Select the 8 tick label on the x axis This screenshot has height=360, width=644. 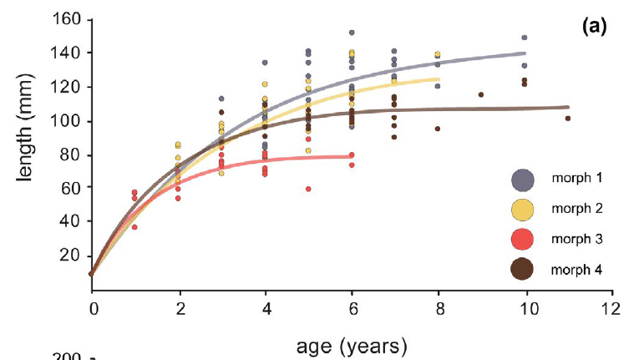(439, 308)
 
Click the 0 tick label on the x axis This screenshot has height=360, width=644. (91, 308)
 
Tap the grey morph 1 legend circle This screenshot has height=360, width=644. (523, 180)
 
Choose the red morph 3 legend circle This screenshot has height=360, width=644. (523, 240)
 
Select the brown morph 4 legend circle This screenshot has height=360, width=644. (523, 269)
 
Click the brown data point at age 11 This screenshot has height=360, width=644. (568, 119)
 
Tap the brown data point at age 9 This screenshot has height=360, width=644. (481, 94)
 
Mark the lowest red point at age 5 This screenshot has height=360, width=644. (308, 189)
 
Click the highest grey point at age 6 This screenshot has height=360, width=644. (352, 33)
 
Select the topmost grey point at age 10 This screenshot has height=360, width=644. (525, 38)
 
